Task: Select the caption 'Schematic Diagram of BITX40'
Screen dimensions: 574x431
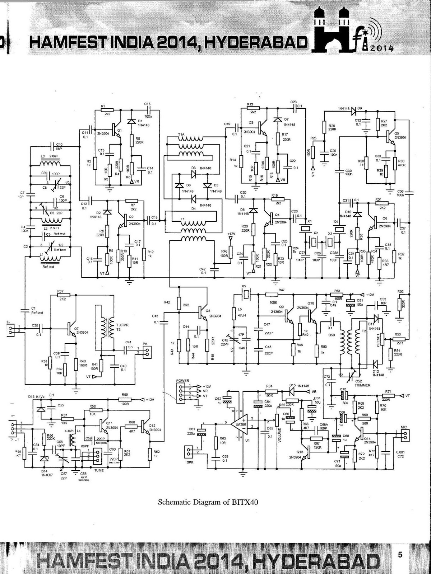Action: [x=208, y=502]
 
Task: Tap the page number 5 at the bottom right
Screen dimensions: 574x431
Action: [x=400, y=555]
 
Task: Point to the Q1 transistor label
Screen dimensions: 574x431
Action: [x=120, y=130]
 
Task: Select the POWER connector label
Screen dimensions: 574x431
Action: [x=183, y=380]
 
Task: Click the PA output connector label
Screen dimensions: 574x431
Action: [x=145, y=344]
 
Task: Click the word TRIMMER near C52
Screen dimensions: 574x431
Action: [x=362, y=385]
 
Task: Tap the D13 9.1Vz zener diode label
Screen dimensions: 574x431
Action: [x=36, y=397]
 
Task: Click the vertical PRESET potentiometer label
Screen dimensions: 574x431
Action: [x=378, y=338]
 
